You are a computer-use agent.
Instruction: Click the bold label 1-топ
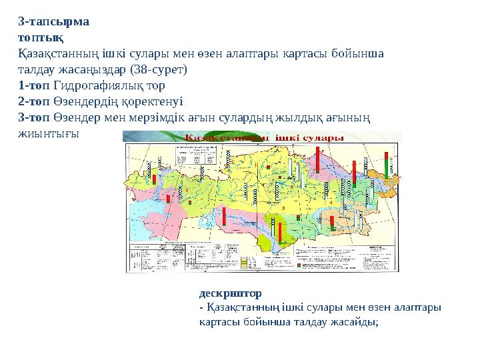tap(33, 85)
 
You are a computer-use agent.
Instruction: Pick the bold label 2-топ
tap(33, 101)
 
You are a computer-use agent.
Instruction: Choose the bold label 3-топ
tap(33, 117)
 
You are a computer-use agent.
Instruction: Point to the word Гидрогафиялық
tap(91, 85)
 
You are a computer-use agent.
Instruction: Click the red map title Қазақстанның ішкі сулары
tap(263, 138)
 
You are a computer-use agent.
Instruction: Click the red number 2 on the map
tap(187, 191)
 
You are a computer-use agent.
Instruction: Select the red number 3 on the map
tap(283, 209)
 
